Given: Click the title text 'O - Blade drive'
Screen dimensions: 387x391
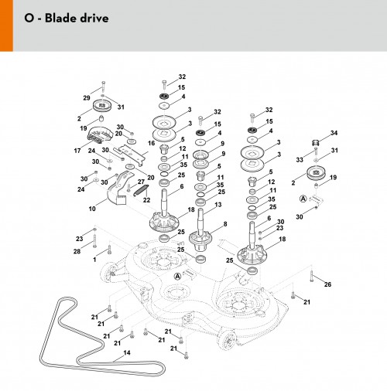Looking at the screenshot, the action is tap(67, 18).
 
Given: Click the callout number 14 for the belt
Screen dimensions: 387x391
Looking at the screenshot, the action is tap(127, 352).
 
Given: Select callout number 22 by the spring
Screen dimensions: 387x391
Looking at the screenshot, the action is tap(146, 200).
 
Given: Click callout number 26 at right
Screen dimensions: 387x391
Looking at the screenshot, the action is tap(327, 284).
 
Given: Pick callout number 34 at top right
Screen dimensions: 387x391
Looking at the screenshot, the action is tap(334, 133).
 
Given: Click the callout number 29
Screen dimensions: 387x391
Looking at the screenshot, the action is tap(87, 98).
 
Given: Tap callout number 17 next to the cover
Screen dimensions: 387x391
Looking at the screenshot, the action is tap(77, 151).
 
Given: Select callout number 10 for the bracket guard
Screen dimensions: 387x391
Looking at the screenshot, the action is tap(92, 209).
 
